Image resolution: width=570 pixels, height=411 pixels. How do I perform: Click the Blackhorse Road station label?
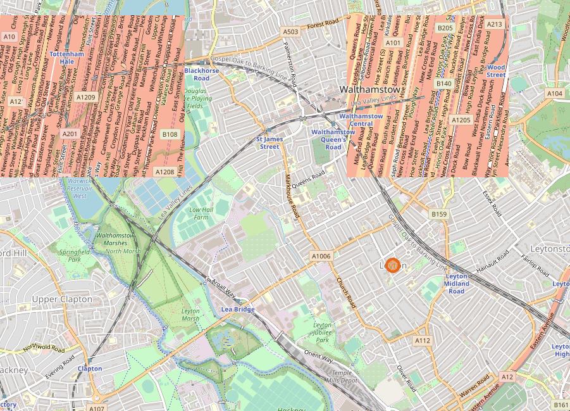click(201, 75)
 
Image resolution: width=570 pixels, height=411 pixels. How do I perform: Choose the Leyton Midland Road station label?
click(456, 284)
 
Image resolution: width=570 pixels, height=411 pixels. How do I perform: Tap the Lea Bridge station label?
click(237, 309)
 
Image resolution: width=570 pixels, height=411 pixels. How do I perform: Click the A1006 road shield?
click(321, 255)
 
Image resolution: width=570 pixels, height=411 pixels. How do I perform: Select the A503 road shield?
click(290, 32)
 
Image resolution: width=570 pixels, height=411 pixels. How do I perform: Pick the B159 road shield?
click(439, 215)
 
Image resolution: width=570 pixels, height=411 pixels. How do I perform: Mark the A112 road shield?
click(423, 341)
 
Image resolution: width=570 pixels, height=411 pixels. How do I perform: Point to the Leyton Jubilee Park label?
click(322, 332)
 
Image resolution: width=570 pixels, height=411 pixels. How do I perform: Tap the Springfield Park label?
click(70, 255)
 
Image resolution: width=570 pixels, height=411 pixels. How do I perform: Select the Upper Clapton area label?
click(62, 299)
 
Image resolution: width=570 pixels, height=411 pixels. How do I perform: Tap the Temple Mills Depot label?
click(340, 377)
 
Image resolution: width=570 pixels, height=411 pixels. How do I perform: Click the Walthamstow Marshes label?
click(115, 239)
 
